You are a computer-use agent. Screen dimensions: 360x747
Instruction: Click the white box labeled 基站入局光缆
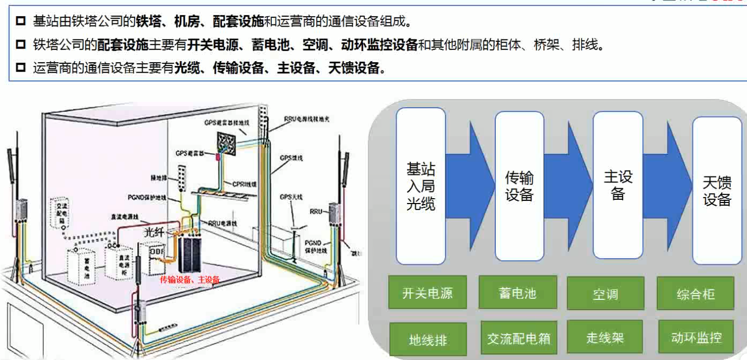point(421,186)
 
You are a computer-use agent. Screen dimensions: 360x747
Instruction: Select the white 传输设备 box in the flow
point(519,186)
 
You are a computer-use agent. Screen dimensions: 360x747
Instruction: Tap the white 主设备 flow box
point(618,185)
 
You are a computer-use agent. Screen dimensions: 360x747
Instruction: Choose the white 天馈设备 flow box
point(717,190)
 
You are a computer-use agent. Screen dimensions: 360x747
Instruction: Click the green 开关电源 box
point(427,293)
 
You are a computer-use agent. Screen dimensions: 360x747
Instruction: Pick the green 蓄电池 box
point(517,292)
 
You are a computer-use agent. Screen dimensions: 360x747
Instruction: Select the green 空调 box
point(605,294)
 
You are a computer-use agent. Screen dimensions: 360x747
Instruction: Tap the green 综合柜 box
point(696,294)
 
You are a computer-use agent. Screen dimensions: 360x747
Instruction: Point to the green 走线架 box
point(605,338)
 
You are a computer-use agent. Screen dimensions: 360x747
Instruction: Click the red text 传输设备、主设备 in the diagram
point(190,279)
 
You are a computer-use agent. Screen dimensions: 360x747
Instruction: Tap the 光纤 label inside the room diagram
point(153,232)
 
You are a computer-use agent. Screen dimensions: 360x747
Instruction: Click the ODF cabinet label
point(156,252)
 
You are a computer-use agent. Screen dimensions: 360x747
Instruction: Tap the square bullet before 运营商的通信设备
point(21,68)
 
